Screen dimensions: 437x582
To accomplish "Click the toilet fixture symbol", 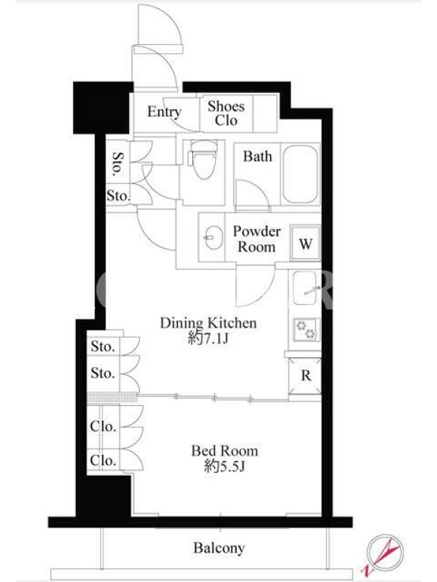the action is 203,159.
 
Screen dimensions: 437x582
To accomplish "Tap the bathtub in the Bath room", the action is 301,174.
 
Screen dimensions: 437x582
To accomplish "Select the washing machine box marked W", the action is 305,243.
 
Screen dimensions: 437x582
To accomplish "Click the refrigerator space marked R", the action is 305,375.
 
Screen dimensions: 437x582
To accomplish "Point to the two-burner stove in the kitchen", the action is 306,330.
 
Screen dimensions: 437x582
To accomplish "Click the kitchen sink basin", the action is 305,287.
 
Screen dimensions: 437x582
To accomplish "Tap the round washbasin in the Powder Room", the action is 213,238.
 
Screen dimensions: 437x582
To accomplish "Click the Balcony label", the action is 219,548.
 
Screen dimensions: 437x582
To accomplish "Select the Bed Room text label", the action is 224,451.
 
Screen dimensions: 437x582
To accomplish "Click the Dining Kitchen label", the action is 208,323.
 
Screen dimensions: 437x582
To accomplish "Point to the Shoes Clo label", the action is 226,113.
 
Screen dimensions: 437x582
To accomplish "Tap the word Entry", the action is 165,112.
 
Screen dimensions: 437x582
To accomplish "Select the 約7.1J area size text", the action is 208,338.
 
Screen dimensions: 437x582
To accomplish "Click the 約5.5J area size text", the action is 224,466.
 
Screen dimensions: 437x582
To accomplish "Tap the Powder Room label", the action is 256,239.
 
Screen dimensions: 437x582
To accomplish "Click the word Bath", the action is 258,156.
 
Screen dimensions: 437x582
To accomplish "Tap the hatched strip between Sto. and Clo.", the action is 112,399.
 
